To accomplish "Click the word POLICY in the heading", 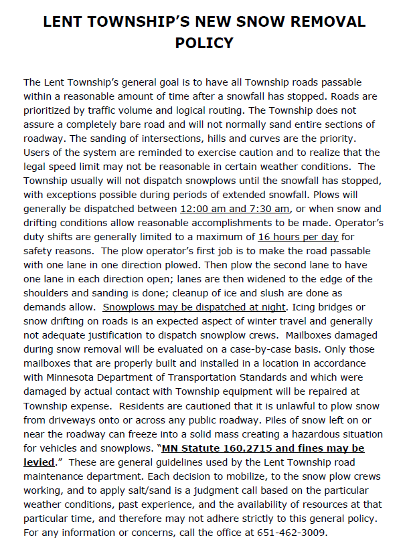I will (x=204, y=43).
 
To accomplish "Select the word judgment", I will (x=230, y=490).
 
